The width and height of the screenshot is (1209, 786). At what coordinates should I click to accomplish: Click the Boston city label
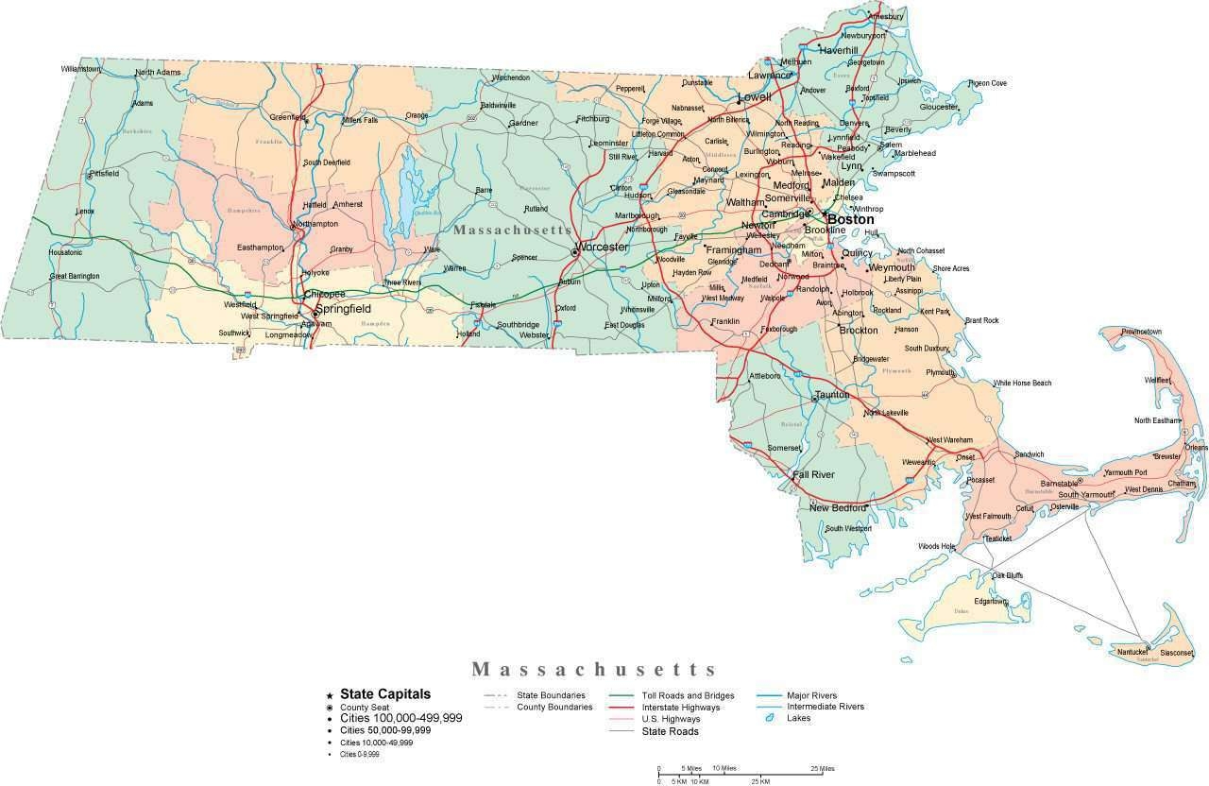coord(850,219)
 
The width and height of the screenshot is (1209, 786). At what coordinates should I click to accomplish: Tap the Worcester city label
coord(602,247)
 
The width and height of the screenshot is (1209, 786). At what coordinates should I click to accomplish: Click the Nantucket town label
coord(1132,652)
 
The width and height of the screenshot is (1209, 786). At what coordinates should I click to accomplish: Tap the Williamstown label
coord(80,69)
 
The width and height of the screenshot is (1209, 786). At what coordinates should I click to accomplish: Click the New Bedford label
coord(837,507)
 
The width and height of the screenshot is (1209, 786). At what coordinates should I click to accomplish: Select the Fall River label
coord(813,474)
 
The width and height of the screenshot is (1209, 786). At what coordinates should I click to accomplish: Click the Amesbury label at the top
coord(885,17)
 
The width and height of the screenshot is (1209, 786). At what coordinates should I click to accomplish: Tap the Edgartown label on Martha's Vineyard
coord(991,601)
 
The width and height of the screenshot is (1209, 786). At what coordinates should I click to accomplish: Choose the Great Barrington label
coord(75,277)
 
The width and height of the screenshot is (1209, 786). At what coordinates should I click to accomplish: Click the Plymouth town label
coord(940,372)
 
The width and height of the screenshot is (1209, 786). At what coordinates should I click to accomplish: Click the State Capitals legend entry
coord(384,693)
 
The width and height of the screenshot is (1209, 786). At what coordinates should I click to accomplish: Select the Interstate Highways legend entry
coord(680,707)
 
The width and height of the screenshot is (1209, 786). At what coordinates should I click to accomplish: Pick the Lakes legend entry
coord(798,718)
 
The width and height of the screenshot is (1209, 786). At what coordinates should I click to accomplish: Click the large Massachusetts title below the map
coord(594,669)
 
